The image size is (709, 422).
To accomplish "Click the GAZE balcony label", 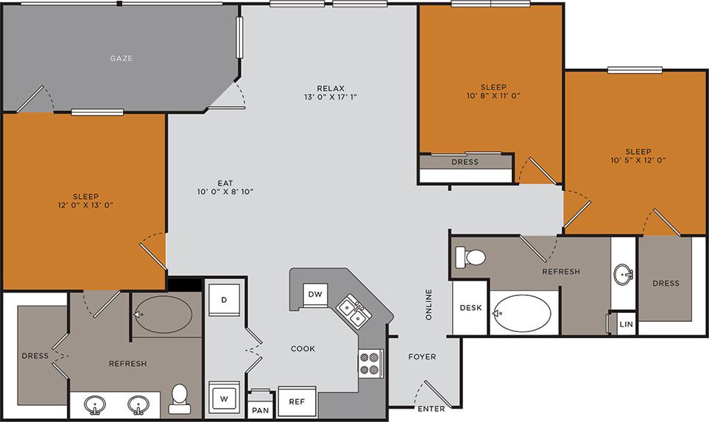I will tap(121, 58).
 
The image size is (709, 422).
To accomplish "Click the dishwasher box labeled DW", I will tap(315, 295).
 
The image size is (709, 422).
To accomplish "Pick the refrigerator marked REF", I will tap(297, 401).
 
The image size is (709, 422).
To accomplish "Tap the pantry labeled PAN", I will tap(260, 409).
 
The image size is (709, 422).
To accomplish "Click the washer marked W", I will tap(223, 399).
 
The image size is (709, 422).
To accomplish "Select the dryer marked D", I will tap(223, 299).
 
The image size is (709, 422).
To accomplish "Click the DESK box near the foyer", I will tap(470, 308).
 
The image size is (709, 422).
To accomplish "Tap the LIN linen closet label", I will tap(626, 324).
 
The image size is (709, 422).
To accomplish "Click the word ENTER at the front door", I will tap(431, 409).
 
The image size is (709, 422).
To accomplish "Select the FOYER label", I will tap(422, 356).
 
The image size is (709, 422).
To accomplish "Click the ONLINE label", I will tap(429, 303).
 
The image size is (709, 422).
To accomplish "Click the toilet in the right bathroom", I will tap(472, 257).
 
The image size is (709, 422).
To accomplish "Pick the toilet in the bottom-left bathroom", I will tap(179, 398).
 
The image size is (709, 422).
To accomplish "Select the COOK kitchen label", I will tap(303, 348).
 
